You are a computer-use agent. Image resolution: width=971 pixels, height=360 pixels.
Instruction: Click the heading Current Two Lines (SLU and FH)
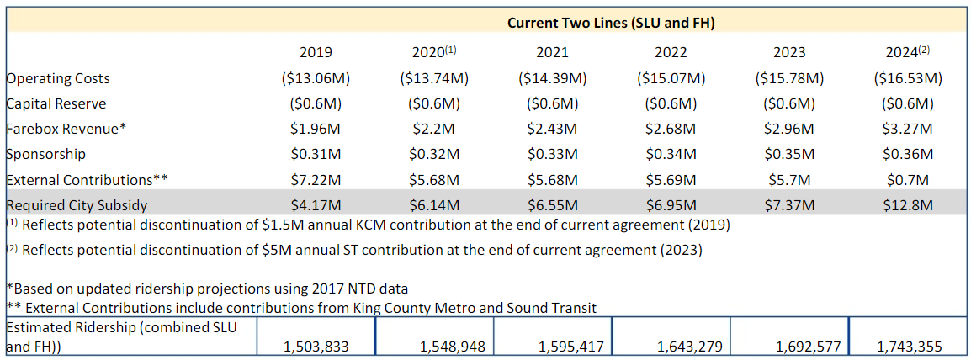610,23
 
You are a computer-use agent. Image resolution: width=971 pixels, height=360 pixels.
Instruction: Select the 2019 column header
316,52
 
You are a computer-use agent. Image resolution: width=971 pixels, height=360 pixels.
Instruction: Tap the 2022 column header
671,52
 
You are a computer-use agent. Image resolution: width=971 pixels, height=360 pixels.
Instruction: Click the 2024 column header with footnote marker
907,52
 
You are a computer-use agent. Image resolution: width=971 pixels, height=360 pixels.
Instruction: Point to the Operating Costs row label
58,78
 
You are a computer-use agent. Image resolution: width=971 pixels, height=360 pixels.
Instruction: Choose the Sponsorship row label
45,154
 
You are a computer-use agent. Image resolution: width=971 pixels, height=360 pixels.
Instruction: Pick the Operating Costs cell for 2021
552,78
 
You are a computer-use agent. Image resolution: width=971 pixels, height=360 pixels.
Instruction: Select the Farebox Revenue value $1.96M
316,129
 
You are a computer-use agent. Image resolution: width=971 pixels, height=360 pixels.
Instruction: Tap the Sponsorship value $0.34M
671,154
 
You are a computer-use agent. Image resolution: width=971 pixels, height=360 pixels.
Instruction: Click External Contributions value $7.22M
316,180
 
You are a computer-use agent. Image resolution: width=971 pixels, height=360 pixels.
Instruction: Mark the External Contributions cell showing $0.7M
907,180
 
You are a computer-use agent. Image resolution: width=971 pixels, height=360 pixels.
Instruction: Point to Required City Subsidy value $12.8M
907,204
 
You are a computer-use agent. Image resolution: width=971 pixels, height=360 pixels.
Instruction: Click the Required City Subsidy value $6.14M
434,204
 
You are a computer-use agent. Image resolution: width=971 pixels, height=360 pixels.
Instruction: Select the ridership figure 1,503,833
316,346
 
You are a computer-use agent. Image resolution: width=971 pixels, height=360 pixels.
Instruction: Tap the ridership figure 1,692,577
788,346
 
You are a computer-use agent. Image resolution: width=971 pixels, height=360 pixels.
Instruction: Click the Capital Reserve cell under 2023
788,103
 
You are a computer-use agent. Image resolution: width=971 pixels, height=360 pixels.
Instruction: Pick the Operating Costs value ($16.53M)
907,78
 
